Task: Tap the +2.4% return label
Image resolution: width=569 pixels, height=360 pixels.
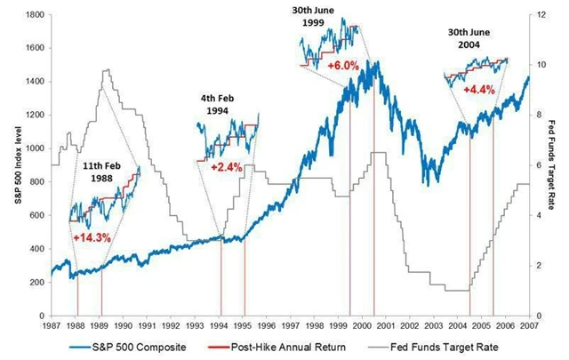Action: point(227,166)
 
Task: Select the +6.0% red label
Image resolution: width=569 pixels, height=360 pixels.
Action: point(342,66)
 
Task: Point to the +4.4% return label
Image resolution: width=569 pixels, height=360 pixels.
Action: point(479,89)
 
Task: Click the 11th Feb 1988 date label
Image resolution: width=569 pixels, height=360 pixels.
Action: point(102,172)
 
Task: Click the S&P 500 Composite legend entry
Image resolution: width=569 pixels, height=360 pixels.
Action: point(143,346)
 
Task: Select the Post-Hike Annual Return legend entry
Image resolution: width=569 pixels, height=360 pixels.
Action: point(290,346)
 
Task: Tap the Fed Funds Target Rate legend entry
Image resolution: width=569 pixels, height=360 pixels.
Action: point(444,346)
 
